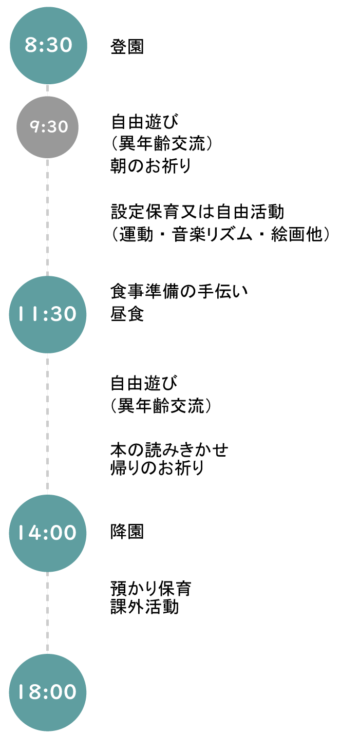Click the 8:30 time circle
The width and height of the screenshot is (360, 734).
[x=48, y=46]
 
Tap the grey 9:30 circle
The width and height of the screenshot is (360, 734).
[x=47, y=127]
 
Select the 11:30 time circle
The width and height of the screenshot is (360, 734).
[x=47, y=314]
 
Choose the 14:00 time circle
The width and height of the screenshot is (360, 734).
[x=47, y=533]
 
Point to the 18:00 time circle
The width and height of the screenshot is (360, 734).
[x=47, y=692]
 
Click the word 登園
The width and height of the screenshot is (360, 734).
[x=127, y=46]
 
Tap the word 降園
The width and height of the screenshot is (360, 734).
[x=127, y=531]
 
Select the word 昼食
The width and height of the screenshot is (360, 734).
[x=127, y=314]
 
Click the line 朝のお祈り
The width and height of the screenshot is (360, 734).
[x=150, y=166]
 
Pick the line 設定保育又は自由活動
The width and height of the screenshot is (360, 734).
[x=198, y=211]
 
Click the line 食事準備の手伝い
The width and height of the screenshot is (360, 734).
[x=179, y=291]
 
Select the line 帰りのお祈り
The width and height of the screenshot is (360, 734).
[x=157, y=467]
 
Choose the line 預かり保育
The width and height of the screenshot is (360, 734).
[x=151, y=589]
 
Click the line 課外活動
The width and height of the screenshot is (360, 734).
[x=144, y=607]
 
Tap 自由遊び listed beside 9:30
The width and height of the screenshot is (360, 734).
[x=144, y=121]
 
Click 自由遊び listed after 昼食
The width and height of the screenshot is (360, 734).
[x=144, y=383]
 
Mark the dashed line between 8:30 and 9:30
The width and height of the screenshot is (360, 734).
[x=47, y=90]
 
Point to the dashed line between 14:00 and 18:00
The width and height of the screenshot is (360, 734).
[x=47, y=613]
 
